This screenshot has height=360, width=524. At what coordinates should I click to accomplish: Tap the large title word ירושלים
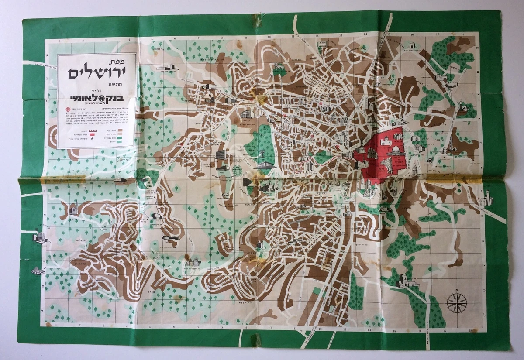(97, 72)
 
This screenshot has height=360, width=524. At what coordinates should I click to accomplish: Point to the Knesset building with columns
(265, 165)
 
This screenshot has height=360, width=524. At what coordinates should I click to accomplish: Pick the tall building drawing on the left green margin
(40, 238)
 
